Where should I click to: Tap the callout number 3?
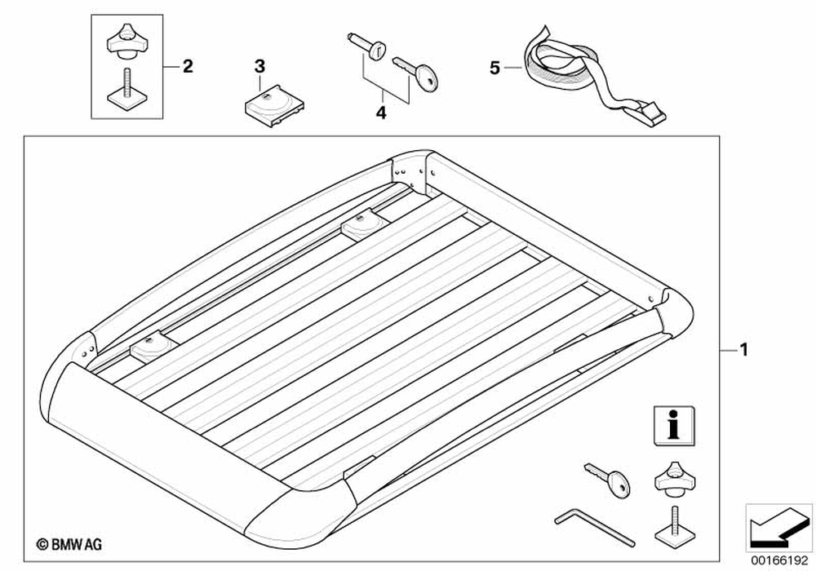(259, 65)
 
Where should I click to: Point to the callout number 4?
(379, 114)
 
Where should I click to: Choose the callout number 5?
(494, 69)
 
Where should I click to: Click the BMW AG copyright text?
(68, 542)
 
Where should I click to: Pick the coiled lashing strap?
(562, 61)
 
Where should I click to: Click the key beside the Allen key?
(608, 480)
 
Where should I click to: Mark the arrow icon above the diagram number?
(776, 525)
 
